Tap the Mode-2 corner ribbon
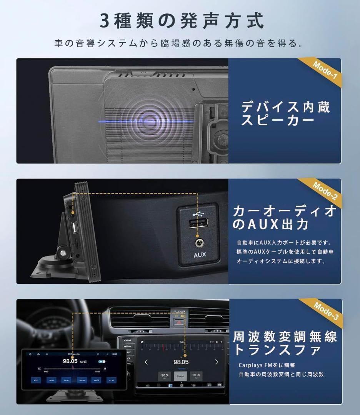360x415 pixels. pyautogui.click(x=325, y=191)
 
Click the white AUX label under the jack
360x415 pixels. pyautogui.click(x=200, y=254)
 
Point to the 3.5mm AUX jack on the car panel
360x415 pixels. pyautogui.click(x=199, y=242)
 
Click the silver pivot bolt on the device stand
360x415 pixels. pyautogui.click(x=62, y=253)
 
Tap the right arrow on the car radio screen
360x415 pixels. pyautogui.click(x=217, y=362)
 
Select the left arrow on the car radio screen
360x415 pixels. pyautogui.click(x=146, y=362)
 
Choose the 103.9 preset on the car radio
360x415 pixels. pyautogui.click(x=196, y=375)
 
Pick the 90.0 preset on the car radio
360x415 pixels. pyautogui.click(x=165, y=375)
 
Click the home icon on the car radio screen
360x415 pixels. pyautogui.click(x=143, y=342)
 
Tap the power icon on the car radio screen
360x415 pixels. pyautogui.click(x=219, y=384)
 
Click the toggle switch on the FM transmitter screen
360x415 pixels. pyautogui.click(x=102, y=361)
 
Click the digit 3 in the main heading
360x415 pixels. pyautogui.click(x=105, y=21)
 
